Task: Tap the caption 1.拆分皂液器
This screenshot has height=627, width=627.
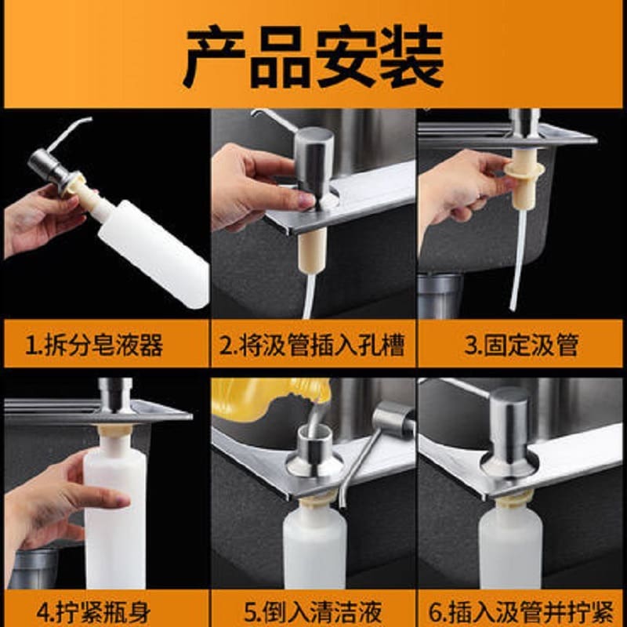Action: click(94, 345)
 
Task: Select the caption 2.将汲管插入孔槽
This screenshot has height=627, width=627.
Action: click(312, 345)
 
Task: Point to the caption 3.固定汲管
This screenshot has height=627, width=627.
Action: click(521, 345)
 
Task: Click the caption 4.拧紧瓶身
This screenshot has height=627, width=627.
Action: click(94, 612)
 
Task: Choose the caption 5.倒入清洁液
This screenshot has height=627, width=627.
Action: click(312, 612)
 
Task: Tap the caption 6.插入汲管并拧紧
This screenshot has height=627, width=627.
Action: click(521, 612)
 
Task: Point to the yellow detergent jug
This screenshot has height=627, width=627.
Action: click(272, 399)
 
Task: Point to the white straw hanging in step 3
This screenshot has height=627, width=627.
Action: click(518, 260)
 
